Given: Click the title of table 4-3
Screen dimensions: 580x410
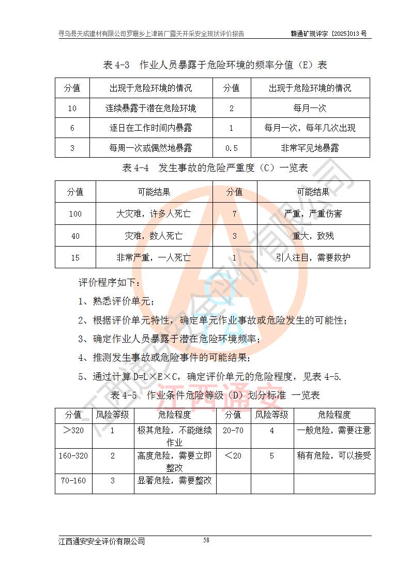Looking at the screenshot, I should point(215,65).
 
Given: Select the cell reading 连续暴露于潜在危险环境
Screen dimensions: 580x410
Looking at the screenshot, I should point(150,109).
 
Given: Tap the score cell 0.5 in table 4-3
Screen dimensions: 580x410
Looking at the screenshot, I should point(231,148).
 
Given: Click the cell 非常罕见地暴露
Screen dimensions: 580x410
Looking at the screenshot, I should point(310,148).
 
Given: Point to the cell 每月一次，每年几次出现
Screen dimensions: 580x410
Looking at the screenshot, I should point(310,128).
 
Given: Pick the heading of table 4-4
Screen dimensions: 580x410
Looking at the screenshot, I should point(215,169).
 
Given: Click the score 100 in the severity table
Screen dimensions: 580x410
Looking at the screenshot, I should point(75,213).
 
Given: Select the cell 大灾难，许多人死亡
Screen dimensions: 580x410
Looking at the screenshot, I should point(154,213).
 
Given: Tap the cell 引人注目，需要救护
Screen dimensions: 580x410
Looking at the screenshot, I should point(313,257).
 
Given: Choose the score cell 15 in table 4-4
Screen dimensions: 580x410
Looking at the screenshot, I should point(75,257).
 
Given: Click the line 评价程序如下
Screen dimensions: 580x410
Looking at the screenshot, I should point(109,283).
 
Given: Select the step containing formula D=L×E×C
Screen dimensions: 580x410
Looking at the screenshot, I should point(209,376).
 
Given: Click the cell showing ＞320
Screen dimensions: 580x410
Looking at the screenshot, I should point(73,430).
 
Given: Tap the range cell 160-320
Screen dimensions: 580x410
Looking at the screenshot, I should point(73,455).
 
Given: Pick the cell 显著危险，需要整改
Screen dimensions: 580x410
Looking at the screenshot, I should point(174,480).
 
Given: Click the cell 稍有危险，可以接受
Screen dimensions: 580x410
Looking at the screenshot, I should point(334,455).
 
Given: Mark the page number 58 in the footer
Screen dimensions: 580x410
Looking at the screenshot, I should point(206,540).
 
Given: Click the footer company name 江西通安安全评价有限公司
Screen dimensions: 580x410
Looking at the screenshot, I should point(101,541).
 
